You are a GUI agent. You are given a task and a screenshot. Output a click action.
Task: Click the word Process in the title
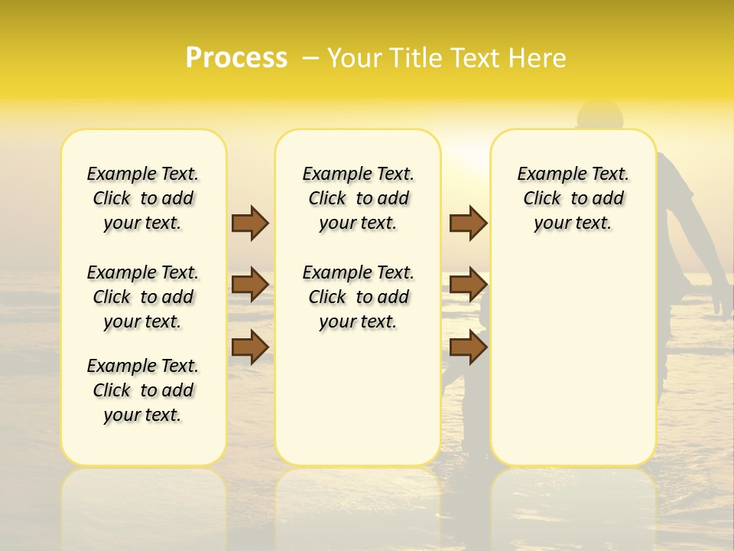pos(236,57)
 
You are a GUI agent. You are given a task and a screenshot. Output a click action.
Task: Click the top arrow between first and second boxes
pos(250,223)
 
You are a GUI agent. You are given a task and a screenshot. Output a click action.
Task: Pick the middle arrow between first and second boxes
pos(250,285)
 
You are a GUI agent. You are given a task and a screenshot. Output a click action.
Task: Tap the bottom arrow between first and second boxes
pos(250,347)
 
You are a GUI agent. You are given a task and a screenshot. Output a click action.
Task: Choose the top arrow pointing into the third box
pos(468,223)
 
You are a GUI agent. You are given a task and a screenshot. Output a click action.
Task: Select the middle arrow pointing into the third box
pos(468,285)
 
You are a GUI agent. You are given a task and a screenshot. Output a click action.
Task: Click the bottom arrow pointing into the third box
pos(468,347)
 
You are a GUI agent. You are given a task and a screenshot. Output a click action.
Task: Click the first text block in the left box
pos(143,198)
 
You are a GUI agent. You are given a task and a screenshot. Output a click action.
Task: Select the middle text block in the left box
pos(143,297)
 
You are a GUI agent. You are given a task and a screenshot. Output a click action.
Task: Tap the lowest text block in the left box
pos(143,390)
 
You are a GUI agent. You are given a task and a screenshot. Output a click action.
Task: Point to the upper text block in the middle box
pos(358,198)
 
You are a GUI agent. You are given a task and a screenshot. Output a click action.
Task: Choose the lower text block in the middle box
pos(358,297)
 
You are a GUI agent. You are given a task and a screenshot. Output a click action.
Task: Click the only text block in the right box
pos(573,198)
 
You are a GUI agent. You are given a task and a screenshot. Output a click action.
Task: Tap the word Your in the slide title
pos(353,58)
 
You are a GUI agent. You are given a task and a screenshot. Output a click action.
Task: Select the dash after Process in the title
pos(310,58)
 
